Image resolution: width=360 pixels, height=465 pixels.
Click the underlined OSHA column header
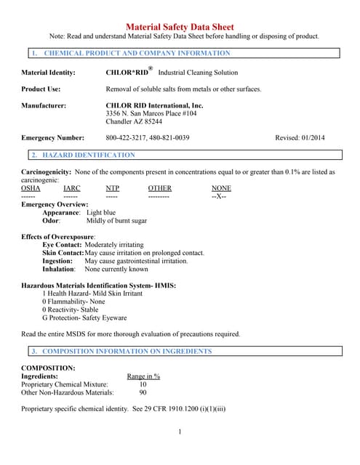[31, 188]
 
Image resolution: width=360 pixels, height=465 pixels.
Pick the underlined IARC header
[72, 188]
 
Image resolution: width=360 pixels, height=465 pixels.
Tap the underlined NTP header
[112, 188]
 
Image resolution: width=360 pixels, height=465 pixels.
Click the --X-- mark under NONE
[219, 196]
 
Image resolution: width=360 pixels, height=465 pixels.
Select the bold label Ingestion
[57, 260]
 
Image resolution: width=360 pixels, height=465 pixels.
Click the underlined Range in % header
[143, 376]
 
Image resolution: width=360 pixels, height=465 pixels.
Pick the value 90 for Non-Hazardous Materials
[143, 392]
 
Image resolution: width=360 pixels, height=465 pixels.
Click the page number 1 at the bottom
[180, 432]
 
